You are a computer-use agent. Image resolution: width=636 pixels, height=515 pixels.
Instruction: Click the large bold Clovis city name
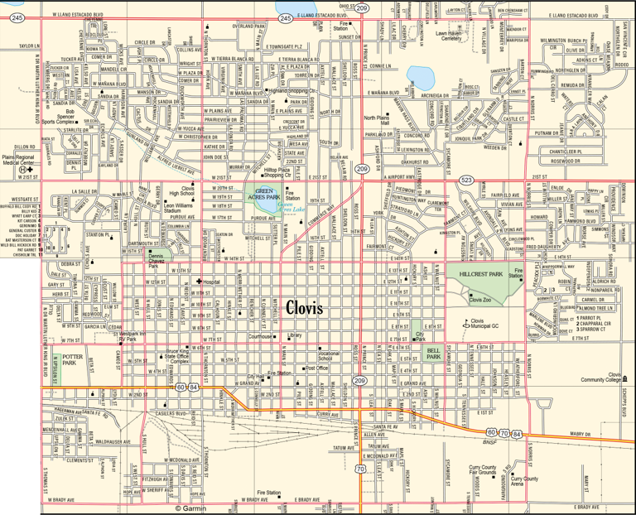pyautogui.click(x=309, y=308)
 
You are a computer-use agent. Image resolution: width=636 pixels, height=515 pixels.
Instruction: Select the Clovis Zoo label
pyautogui.click(x=485, y=300)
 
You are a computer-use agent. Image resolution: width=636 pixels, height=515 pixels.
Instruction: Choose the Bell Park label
pyautogui.click(x=433, y=353)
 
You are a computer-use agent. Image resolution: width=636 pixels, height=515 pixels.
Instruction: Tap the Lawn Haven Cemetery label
pyautogui.click(x=450, y=36)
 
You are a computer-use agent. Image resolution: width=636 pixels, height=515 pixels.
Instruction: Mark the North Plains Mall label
pyautogui.click(x=381, y=121)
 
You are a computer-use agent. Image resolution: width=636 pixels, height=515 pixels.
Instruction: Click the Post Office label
pyautogui.click(x=316, y=368)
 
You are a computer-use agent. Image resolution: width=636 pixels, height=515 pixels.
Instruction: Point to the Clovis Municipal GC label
pyautogui.click(x=488, y=325)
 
